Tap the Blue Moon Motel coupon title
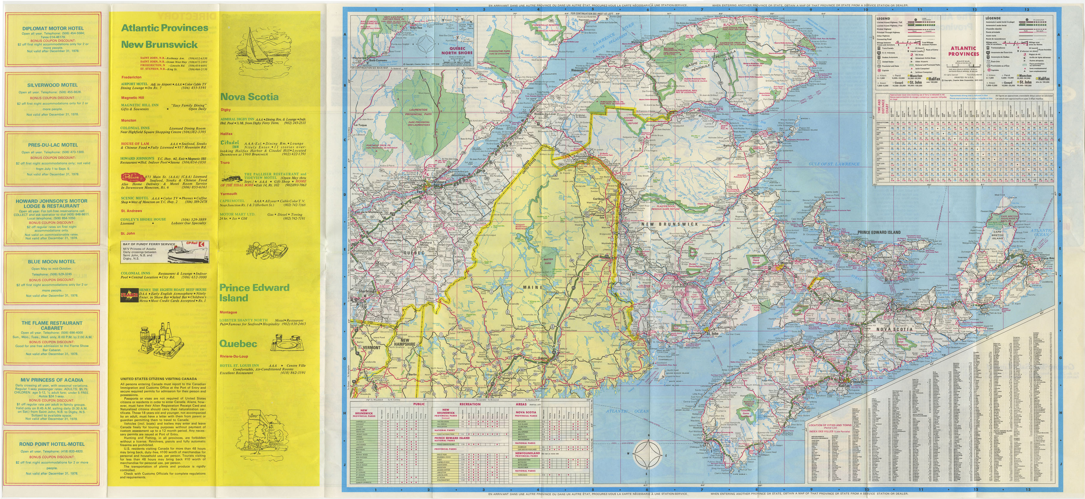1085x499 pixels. [52, 261]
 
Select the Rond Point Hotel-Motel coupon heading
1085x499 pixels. [52, 444]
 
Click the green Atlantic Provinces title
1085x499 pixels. [165, 28]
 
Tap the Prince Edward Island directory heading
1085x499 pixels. [254, 292]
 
